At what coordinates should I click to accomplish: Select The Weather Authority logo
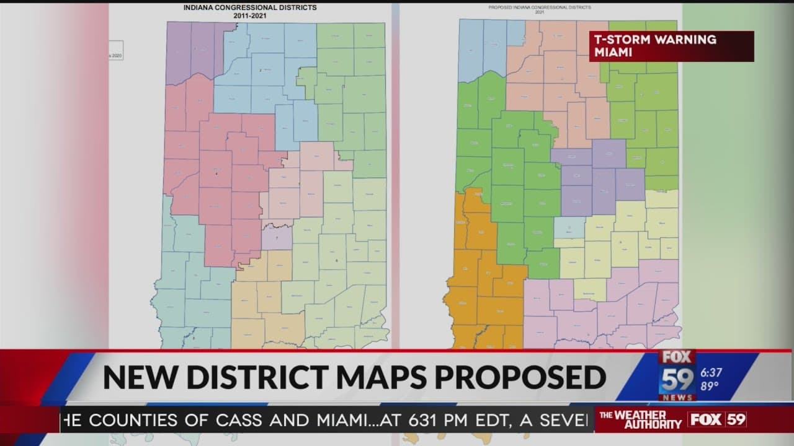(x=640, y=419)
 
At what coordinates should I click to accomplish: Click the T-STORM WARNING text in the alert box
(x=655, y=40)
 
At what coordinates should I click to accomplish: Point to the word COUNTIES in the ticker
(x=137, y=420)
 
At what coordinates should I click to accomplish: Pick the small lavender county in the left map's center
(x=277, y=236)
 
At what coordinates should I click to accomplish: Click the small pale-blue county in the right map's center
(x=569, y=227)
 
